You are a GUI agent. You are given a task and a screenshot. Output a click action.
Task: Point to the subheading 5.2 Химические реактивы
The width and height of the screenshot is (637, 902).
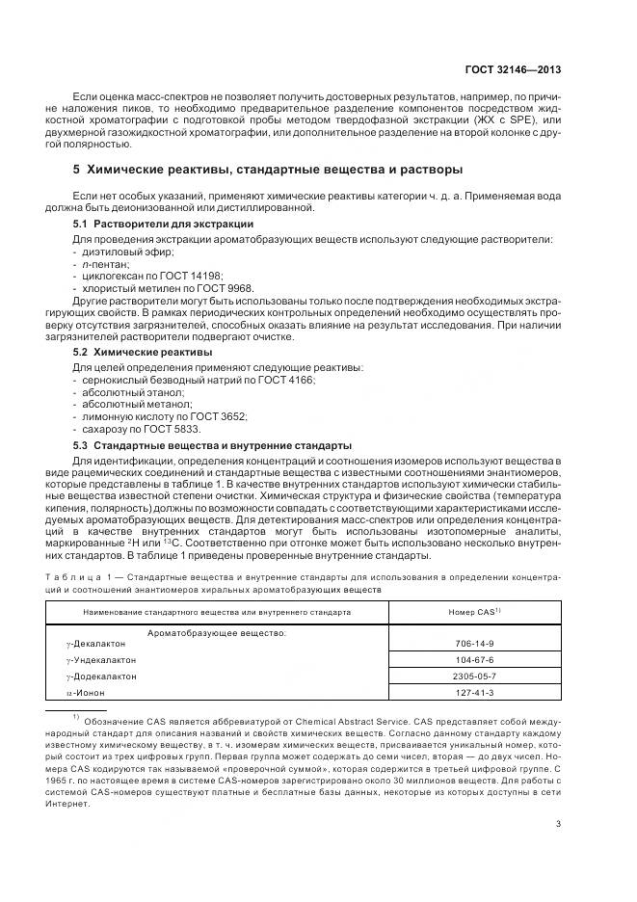click(129, 353)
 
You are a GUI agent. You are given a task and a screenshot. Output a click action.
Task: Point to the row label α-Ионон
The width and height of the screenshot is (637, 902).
click(85, 693)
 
